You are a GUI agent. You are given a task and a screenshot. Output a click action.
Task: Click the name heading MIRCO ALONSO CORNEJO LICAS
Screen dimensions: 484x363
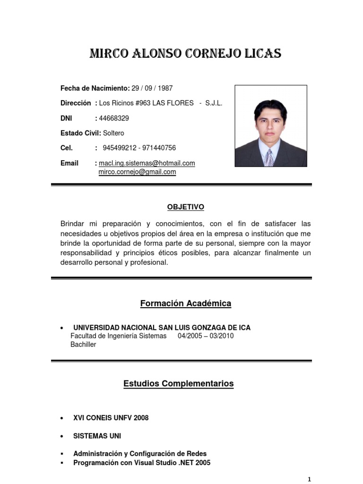(x=185, y=54)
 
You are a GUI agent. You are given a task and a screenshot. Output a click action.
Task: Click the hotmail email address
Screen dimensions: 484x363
(x=147, y=163)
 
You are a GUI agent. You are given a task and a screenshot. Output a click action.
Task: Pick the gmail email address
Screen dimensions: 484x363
(x=137, y=172)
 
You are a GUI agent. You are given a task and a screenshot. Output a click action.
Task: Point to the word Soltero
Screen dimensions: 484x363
(x=114, y=133)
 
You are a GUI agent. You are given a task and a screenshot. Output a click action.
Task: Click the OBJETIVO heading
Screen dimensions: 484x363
(x=185, y=207)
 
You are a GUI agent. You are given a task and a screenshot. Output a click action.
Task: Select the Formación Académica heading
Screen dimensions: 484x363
(x=185, y=303)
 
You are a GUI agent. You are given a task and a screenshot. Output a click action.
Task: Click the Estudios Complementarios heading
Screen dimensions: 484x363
(x=179, y=383)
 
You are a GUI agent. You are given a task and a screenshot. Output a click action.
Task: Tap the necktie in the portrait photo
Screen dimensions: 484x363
(x=268, y=157)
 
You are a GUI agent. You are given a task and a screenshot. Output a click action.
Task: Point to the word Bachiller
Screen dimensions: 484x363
(x=83, y=345)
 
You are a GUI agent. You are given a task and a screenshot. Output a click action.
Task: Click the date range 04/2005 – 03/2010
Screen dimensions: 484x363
(x=206, y=336)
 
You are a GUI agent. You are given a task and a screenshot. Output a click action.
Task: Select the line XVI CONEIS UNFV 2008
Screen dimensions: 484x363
(x=111, y=418)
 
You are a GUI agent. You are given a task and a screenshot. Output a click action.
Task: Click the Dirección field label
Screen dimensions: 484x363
(x=76, y=103)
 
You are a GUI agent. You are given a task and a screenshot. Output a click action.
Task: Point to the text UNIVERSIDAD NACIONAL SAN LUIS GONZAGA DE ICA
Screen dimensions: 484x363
(x=162, y=328)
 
